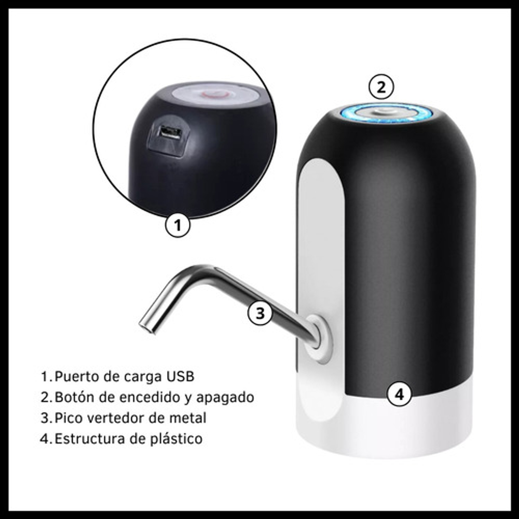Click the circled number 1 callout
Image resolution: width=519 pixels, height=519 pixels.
coord(177,225)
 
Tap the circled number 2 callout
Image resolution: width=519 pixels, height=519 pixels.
coord(381,87)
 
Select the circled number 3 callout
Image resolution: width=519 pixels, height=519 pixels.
coord(260,312)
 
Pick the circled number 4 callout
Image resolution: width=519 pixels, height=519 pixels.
coord(400,394)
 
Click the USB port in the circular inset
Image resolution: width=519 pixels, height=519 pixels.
coord(170,133)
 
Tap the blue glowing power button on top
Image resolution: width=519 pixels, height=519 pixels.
coord(386,113)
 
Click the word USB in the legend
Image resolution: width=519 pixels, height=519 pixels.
coord(180,376)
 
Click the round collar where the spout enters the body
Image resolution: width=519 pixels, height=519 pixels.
coord(319,338)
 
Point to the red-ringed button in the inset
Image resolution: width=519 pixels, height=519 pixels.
coord(215,94)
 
